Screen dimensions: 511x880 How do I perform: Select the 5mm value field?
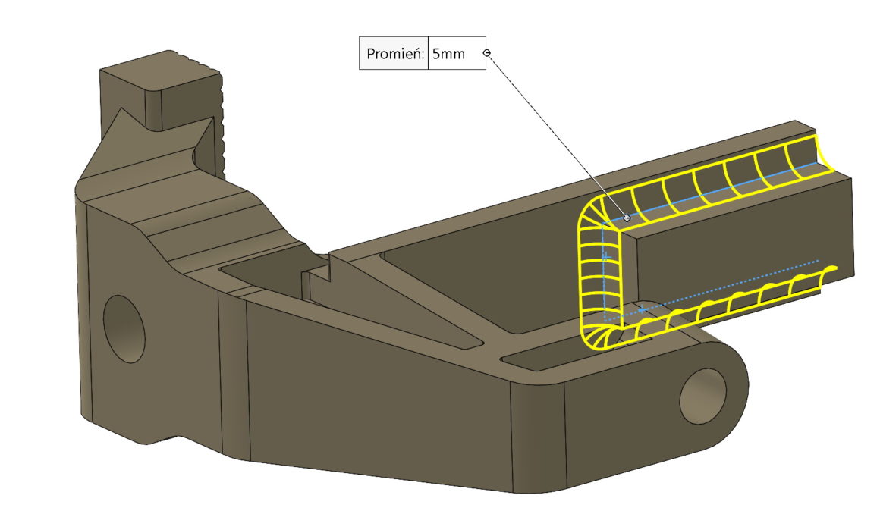pyautogui.click(x=456, y=54)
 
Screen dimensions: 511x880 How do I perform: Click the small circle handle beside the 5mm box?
pyautogui.click(x=487, y=52)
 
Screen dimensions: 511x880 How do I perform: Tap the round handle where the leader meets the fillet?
pyautogui.click(x=627, y=218)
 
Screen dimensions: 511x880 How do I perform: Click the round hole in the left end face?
pyautogui.click(x=124, y=328)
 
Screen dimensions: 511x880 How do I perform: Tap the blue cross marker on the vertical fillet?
pyautogui.click(x=606, y=259)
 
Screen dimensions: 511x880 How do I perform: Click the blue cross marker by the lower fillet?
pyautogui.click(x=641, y=309)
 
